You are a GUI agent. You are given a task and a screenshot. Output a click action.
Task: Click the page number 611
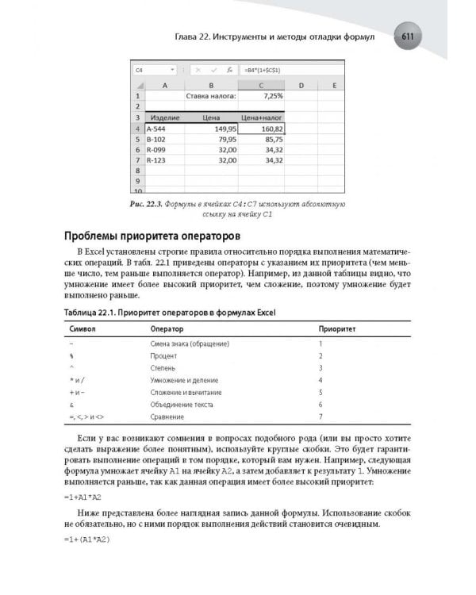coord(410,36)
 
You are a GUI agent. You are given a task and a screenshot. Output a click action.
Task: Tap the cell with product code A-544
coord(156,128)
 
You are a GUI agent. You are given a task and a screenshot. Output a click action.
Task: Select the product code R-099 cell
coord(156,148)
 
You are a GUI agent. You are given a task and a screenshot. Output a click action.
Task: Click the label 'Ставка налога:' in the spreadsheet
coord(210,95)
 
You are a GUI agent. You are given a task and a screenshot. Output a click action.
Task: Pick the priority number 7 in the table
coord(320,416)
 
